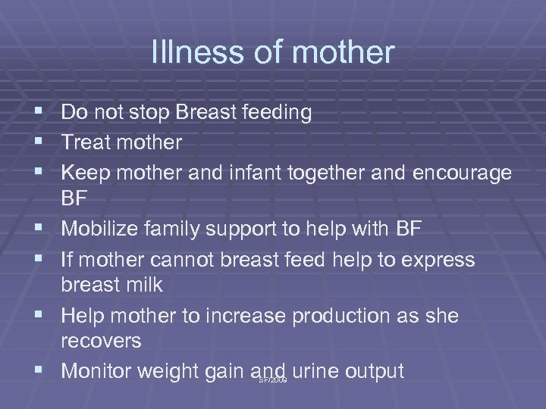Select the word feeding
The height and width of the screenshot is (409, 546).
[x=275, y=113]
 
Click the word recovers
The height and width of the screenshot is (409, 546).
[x=101, y=340]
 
